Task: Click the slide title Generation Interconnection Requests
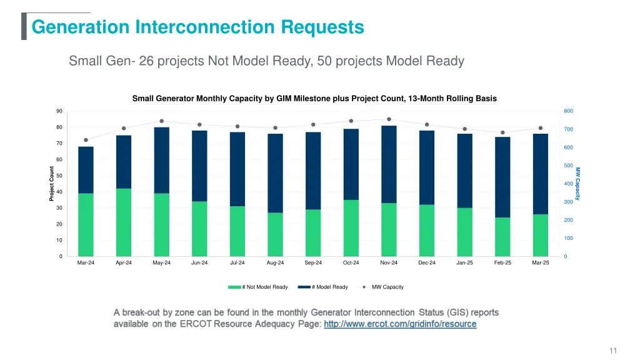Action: click(197, 27)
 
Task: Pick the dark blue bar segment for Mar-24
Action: click(86, 170)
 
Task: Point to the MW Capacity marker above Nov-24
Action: click(389, 119)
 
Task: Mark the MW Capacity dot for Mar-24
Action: click(86, 140)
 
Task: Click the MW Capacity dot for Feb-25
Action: click(502, 132)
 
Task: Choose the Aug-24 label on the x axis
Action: click(275, 263)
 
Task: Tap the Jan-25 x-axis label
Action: click(464, 263)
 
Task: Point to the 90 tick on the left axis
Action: click(59, 111)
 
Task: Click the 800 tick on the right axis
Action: click(568, 111)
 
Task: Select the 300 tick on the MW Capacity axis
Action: click(568, 202)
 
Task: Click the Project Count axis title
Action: click(52, 184)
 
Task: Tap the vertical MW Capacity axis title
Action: click(578, 184)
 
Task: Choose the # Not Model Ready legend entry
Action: click(258, 287)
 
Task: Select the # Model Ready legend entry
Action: click(323, 287)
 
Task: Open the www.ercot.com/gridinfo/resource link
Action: click(400, 324)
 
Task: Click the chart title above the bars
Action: click(314, 99)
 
